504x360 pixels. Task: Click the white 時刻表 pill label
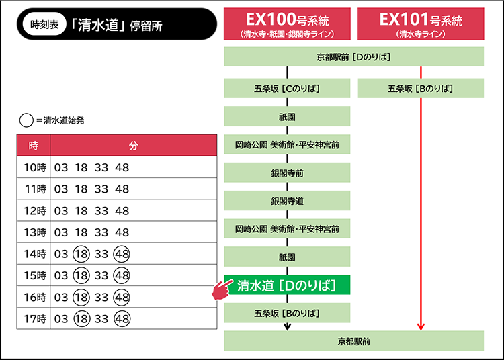click(44, 24)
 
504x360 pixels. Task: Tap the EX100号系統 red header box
click(287, 24)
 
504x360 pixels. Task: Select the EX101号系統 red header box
click(421, 24)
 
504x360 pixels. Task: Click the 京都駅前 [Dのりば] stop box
click(354, 57)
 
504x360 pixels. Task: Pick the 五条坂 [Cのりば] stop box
click(287, 88)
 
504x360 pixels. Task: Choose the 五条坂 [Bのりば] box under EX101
click(421, 88)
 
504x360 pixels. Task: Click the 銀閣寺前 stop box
click(287, 173)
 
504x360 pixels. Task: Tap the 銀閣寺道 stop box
click(287, 201)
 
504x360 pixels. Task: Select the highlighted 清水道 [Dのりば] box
click(287, 285)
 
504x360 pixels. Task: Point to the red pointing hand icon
click(222, 289)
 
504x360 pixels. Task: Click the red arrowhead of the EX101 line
click(421, 327)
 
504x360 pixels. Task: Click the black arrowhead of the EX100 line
click(288, 327)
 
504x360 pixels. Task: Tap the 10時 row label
click(35, 167)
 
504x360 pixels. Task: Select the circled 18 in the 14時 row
click(81, 254)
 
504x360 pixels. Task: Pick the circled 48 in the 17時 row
click(122, 319)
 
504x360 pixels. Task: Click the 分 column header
click(134, 146)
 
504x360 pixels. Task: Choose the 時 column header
click(34, 146)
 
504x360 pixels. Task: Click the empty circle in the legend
click(26, 120)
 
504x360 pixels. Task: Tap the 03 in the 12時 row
click(61, 211)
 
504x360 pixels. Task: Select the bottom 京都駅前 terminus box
click(354, 341)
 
